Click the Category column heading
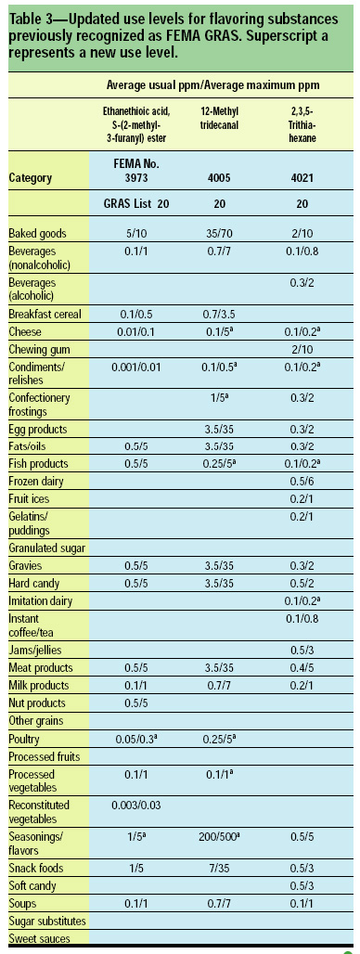pyautogui.click(x=30, y=177)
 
